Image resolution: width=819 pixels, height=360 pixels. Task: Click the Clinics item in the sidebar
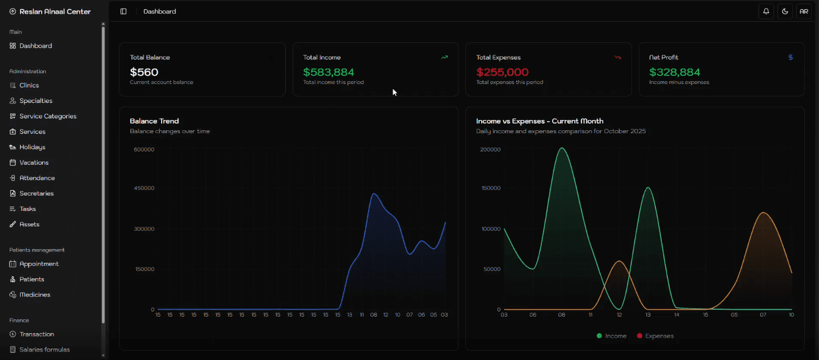click(29, 85)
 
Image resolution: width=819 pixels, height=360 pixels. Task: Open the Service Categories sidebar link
click(47, 116)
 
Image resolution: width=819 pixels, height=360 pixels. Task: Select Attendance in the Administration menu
click(37, 178)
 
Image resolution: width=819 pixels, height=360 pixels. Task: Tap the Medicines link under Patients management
click(35, 295)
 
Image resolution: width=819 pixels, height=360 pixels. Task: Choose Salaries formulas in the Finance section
click(44, 350)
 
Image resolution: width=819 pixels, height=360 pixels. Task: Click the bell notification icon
click(766, 11)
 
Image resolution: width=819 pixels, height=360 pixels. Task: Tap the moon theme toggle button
click(785, 11)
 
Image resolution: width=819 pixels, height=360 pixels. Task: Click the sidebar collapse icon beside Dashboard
click(123, 11)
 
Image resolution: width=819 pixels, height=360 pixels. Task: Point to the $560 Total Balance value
click(144, 72)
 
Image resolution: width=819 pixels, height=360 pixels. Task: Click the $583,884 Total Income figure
click(329, 72)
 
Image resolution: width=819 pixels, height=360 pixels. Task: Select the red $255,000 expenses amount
click(502, 72)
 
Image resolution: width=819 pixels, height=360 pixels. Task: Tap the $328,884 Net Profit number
click(674, 72)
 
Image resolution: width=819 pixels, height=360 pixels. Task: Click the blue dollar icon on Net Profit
click(790, 57)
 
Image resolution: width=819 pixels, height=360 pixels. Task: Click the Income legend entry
click(612, 336)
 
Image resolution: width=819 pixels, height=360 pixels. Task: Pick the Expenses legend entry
click(655, 336)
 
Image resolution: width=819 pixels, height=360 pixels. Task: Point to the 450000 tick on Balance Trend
click(144, 188)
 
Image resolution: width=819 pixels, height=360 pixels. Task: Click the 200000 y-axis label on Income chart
click(490, 150)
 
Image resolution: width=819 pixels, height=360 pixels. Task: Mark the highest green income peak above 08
click(562, 148)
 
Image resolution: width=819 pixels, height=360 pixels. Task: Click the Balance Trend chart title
click(154, 121)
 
